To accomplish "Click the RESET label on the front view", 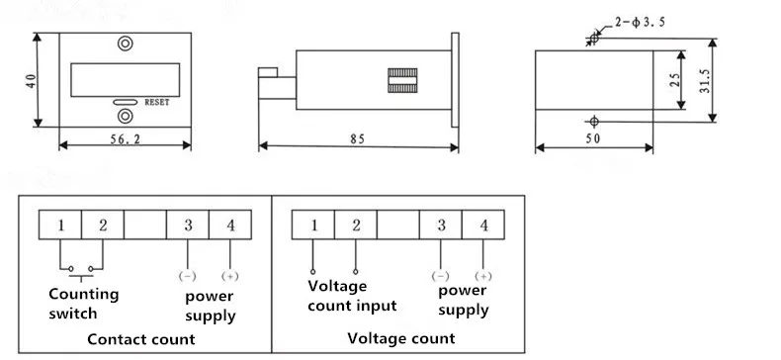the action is point(157,102).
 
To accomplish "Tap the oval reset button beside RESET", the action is point(125,102).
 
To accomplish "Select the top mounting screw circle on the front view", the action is point(125,43).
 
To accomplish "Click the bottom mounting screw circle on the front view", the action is point(125,116).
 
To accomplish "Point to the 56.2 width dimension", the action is point(125,139).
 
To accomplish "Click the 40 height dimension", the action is point(32,81).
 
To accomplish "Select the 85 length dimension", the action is point(357,139).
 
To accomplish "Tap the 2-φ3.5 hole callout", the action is point(640,23).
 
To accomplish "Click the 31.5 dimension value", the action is point(705,81).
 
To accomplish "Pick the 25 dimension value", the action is point(674,80).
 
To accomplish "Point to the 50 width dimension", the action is point(593,138).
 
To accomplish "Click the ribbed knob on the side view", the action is point(402,81).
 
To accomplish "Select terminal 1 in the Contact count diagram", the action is point(60,225).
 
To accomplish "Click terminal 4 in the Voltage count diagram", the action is point(483,225).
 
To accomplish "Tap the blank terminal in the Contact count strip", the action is point(145,225).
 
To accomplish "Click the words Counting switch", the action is point(84,304).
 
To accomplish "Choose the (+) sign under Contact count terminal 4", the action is point(229,276).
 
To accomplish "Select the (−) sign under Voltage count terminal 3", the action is point(440,276).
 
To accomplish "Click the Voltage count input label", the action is point(352,296).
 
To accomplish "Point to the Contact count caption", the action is point(141,339).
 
